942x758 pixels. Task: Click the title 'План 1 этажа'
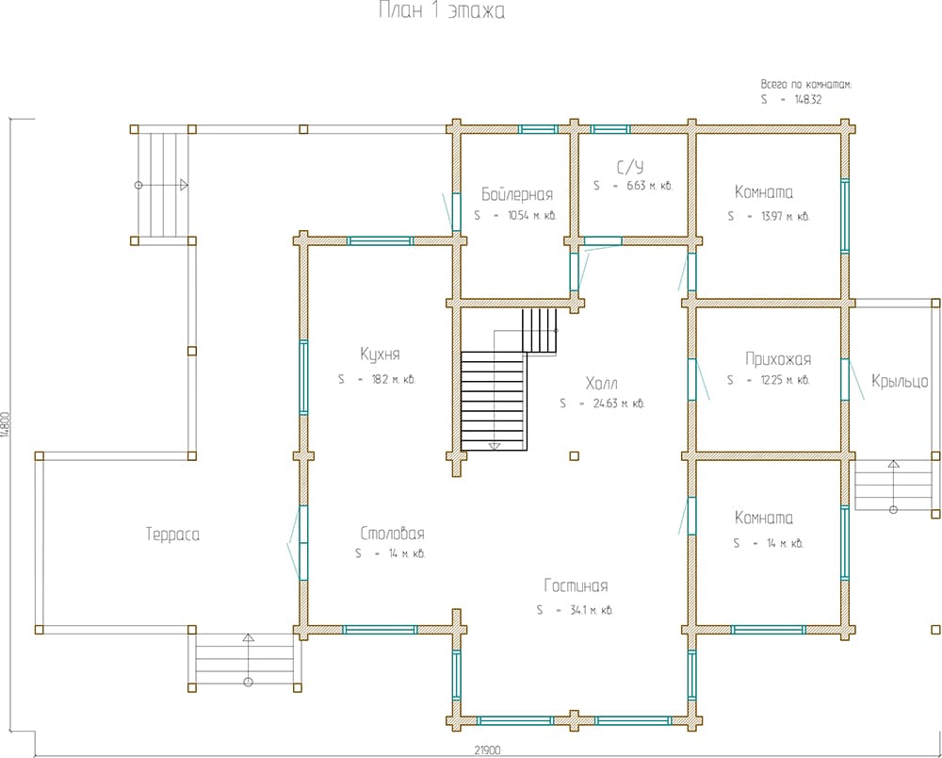442,10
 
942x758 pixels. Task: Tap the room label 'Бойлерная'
516,194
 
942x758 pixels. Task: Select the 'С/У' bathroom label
630,167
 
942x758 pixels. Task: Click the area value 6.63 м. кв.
649,186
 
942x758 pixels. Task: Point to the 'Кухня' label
380,354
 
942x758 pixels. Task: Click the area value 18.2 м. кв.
394,379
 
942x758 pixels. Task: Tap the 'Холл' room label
601,383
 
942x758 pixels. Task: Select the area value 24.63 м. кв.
619,404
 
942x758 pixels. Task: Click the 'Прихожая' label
778,359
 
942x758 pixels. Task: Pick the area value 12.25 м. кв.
786,380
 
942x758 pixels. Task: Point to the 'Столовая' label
392,534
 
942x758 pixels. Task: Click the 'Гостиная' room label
576,585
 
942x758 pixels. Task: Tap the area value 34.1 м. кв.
592,610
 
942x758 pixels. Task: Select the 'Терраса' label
173,535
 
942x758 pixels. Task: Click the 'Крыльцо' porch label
900,381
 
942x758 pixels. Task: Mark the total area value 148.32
807,100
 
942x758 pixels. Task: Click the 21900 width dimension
487,750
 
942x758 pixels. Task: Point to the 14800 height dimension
6,424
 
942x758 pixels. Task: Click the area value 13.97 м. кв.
786,217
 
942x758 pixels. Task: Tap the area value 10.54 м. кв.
531,215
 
